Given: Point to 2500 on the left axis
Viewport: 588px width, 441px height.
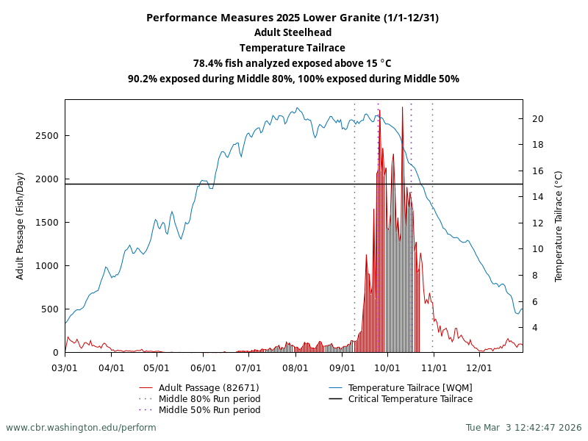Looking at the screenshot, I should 47,136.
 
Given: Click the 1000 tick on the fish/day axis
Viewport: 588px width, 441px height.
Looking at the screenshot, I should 47,266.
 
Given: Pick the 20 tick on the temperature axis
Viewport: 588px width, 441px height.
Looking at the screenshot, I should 538,118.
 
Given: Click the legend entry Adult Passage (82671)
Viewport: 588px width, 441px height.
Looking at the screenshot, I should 209,388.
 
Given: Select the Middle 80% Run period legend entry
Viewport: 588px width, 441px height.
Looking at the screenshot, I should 209,399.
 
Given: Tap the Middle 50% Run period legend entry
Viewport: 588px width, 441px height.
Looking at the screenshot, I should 209,410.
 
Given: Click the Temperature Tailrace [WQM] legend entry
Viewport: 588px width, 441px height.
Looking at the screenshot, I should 410,388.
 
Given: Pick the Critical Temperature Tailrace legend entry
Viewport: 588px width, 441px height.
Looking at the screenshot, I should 410,399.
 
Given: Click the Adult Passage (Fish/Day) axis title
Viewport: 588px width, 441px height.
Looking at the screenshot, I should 21,226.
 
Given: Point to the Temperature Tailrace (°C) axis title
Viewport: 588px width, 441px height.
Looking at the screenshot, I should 559,226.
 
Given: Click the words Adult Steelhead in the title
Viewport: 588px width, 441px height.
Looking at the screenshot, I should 293,32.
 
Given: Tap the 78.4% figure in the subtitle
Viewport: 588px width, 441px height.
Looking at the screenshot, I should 207,63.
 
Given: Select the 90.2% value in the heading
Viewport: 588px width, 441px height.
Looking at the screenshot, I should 143,79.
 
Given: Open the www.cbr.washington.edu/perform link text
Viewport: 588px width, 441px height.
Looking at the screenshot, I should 81,428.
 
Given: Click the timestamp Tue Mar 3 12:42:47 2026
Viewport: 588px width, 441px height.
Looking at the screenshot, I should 523,428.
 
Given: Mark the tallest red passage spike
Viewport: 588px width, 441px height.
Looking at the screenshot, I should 402,108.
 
